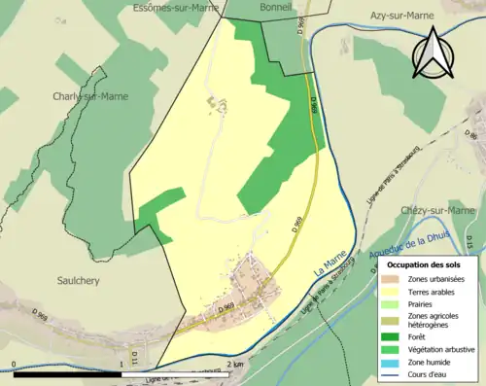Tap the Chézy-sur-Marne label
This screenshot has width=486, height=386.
(436, 210)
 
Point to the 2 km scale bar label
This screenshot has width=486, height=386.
(234, 364)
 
